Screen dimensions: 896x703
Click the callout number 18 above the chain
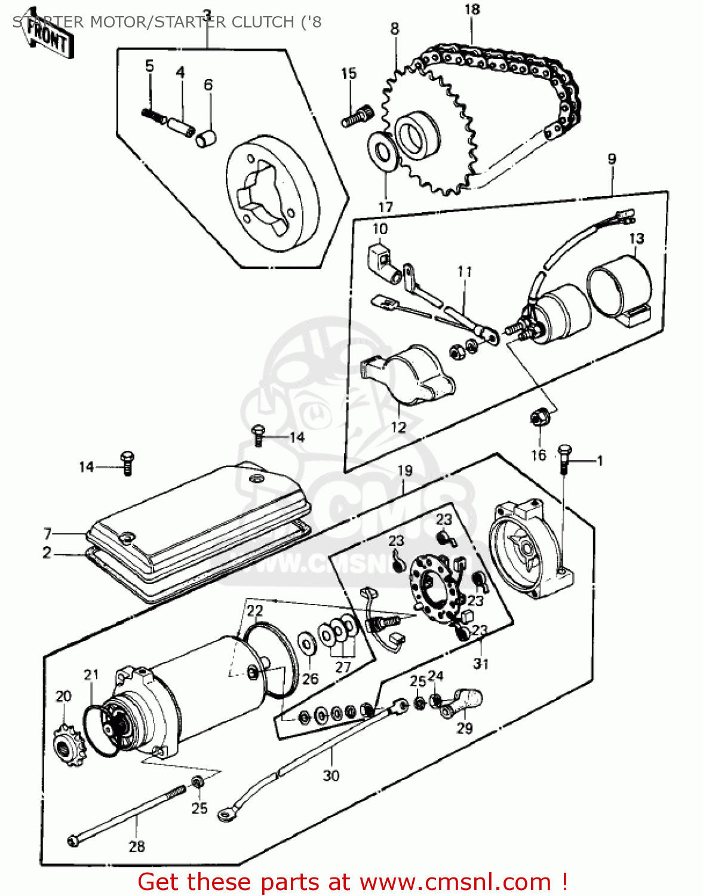pos(472,10)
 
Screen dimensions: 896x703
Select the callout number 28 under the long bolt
pos(137,846)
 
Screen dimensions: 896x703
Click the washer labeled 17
pos(383,152)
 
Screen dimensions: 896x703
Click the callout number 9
pos(612,159)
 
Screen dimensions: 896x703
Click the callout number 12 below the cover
pos(398,427)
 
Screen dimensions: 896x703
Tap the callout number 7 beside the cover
pos(47,533)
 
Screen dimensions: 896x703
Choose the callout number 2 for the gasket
pos(47,553)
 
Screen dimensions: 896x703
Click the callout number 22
pos(254,610)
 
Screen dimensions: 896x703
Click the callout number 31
pos(481,663)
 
